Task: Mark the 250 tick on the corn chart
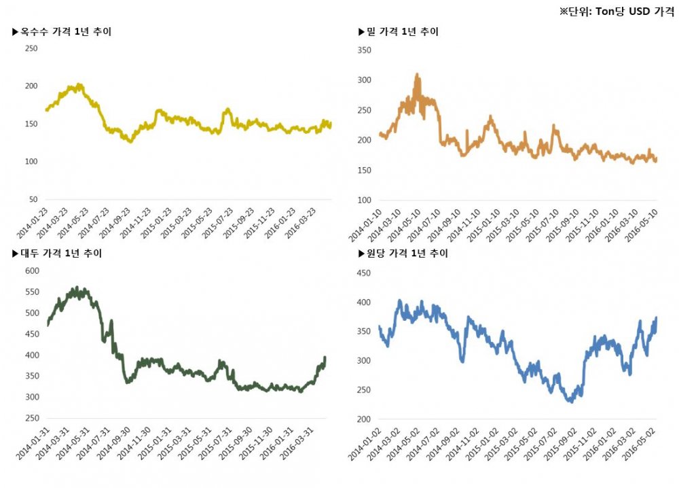(x=31, y=48)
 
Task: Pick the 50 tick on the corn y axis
(x=33, y=200)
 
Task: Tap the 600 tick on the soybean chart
(x=31, y=271)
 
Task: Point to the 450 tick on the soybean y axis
(x=31, y=334)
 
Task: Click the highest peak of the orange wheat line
(x=417, y=74)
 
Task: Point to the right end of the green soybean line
(x=325, y=357)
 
